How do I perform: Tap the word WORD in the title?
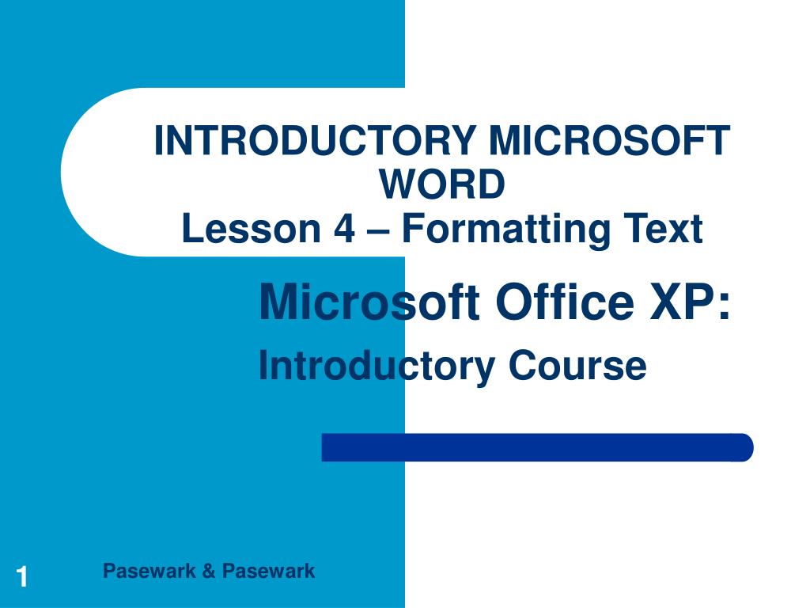pyautogui.click(x=441, y=185)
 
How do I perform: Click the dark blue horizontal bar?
pyautogui.click(x=530, y=447)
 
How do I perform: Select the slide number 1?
pyautogui.click(x=22, y=577)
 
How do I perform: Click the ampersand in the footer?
pyautogui.click(x=208, y=571)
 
